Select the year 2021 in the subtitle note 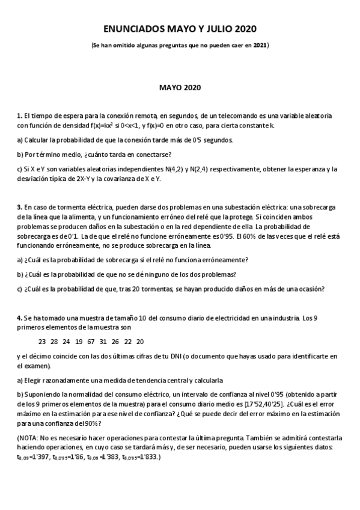pyautogui.click(x=260, y=45)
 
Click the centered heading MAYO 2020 pyautogui.click(x=180, y=88)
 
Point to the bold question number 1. pyautogui.click(x=19, y=115)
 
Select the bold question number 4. pyautogui.click(x=19, y=317)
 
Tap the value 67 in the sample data pyautogui.click(x=91, y=341)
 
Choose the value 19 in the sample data pyautogui.click(x=79, y=341)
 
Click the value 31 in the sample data pyautogui.click(x=103, y=341)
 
